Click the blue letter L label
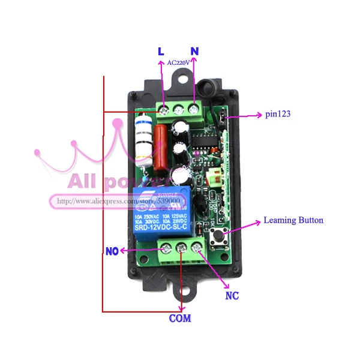pos(161,52)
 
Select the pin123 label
pos(278,113)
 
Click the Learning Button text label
pos(293,220)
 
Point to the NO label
pos(112,251)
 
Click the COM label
pos(179,318)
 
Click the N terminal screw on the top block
pos(194,109)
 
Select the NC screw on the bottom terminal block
pos(196,245)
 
